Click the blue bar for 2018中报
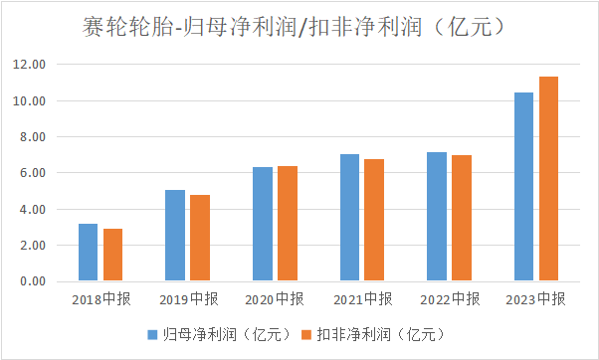pyautogui.click(x=88, y=253)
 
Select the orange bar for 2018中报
pyautogui.click(x=112, y=255)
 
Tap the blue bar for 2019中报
pyautogui.click(x=175, y=236)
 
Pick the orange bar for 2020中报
pyautogui.click(x=288, y=224)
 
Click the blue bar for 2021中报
pyautogui.click(x=349, y=218)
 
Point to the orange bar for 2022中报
pyautogui.click(x=462, y=218)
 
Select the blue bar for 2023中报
pyautogui.click(x=523, y=187)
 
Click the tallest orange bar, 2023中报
pyautogui.click(x=548, y=179)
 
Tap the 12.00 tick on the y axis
pyautogui.click(x=29, y=64)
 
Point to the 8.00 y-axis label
pyautogui.click(x=33, y=136)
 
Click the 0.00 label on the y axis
pyautogui.click(x=33, y=281)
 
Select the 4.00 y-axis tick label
pyautogui.click(x=33, y=209)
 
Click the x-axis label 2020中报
pyautogui.click(x=275, y=299)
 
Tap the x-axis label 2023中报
pyautogui.click(x=535, y=299)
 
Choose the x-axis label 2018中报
pyautogui.click(x=101, y=299)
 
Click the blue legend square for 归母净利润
pyautogui.click(x=152, y=335)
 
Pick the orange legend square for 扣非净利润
pyautogui.click(x=306, y=335)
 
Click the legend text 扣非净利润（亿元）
pyautogui.click(x=381, y=335)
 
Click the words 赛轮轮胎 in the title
pyautogui.click(x=127, y=27)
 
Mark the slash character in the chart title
pyautogui.click(x=302, y=28)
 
